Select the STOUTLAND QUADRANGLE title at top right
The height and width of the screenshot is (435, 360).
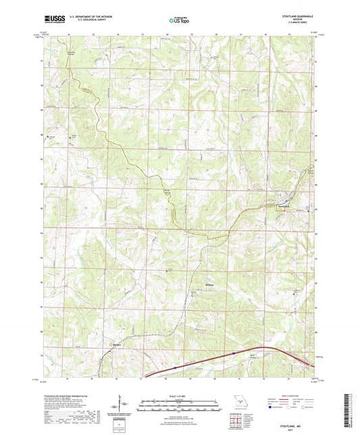(294, 14)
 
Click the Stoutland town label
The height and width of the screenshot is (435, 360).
(282, 204)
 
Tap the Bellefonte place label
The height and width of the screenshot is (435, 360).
(209, 275)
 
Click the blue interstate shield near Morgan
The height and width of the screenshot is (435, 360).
(174, 367)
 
